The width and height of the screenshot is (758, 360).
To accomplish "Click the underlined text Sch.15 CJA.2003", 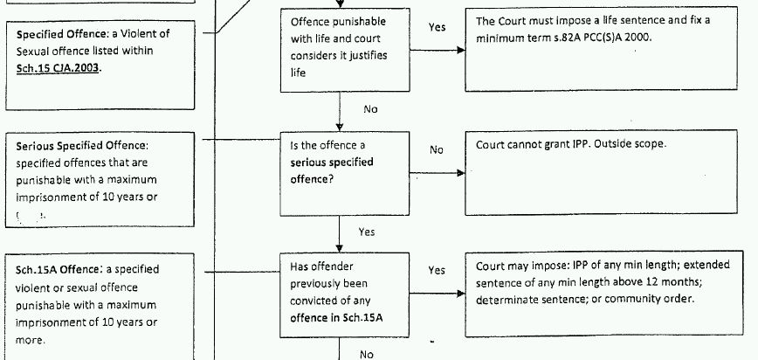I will (58, 69).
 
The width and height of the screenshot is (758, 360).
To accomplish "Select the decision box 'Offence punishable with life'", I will (345, 50).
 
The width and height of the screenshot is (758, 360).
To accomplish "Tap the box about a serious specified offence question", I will (345, 170).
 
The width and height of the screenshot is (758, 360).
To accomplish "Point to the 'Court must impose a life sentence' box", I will (609, 50).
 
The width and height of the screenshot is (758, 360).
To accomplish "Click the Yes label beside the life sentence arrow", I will (437, 28).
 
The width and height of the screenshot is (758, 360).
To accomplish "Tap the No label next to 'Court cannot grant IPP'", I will (437, 149).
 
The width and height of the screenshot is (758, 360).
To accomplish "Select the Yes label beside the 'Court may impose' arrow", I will (437, 271).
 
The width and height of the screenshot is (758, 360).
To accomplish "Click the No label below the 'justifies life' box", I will (370, 110).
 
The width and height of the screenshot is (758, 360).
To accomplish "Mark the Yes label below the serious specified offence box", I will (367, 232).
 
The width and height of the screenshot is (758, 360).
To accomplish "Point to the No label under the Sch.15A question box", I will (367, 354).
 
